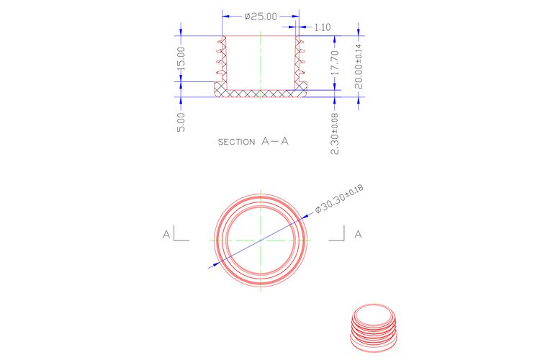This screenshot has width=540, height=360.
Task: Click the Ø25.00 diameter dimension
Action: (261, 16)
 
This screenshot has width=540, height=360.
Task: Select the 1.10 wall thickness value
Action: (323, 27)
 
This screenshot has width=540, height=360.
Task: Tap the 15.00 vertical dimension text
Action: (181, 58)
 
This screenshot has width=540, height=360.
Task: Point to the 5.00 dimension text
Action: (181, 122)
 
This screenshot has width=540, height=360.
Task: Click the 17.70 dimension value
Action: (335, 63)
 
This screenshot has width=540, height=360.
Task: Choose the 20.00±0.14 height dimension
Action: (359, 66)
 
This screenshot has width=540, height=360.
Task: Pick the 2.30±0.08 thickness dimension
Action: (335, 134)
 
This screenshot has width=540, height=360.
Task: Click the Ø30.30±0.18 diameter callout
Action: (339, 199)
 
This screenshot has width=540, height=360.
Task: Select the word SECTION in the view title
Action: (237, 142)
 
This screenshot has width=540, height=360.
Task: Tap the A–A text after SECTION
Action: (275, 141)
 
